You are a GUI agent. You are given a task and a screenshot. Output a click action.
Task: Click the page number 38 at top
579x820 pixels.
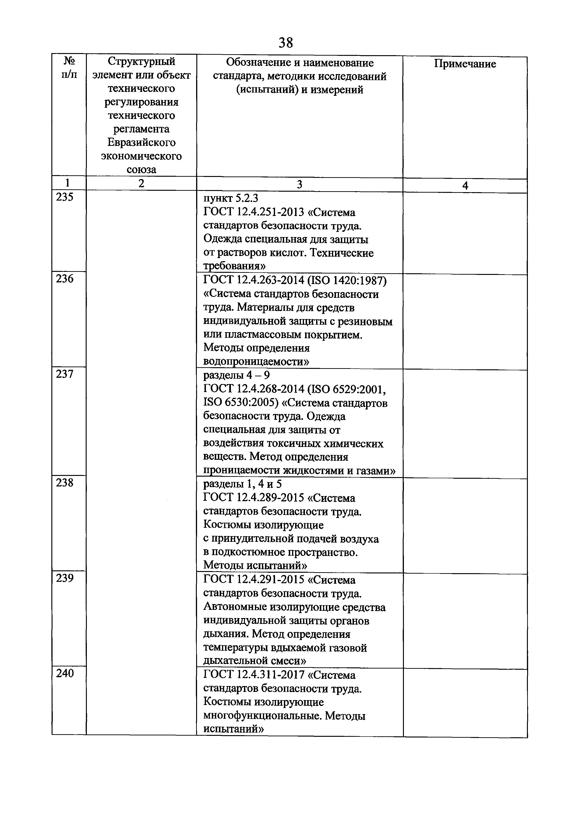click(x=286, y=43)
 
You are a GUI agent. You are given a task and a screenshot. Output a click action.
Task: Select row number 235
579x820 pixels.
click(x=65, y=197)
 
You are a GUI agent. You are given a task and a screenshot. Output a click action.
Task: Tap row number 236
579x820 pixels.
click(x=65, y=279)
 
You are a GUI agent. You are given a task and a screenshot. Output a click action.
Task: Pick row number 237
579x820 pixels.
click(x=65, y=374)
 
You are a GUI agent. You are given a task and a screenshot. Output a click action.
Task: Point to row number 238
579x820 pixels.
click(x=65, y=483)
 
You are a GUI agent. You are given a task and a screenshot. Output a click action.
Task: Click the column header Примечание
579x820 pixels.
click(x=465, y=64)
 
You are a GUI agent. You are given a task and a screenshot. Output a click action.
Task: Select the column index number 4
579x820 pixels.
click(x=465, y=186)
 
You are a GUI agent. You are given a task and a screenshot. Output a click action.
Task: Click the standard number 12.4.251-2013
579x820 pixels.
click(x=270, y=212)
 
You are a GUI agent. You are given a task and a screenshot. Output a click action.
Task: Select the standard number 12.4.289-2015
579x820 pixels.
click(x=270, y=498)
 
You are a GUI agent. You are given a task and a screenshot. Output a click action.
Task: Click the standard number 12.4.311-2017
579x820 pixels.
click(x=270, y=675)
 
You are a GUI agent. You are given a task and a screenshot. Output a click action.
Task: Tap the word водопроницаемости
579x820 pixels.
click(x=256, y=362)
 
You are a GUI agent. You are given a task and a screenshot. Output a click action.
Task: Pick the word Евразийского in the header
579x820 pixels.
click(x=141, y=143)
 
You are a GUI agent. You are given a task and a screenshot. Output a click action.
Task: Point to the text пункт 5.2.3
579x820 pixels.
click(x=230, y=198)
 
